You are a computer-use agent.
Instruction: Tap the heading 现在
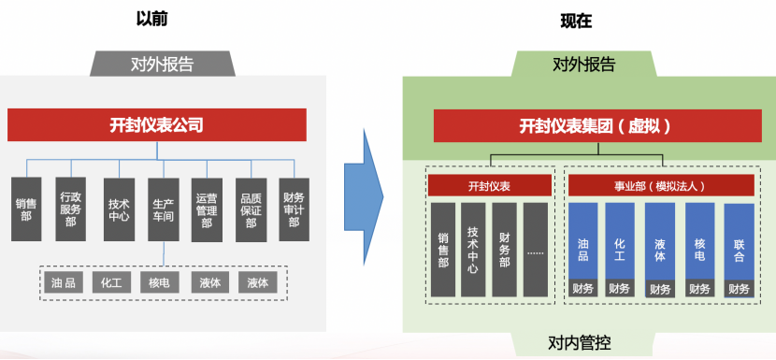coord(578,20)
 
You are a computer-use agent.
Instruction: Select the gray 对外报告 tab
coord(163,65)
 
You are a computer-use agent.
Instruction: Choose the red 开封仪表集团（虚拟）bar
coord(596,125)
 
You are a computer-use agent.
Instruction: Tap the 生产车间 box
coord(164,209)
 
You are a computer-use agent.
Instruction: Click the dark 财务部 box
coord(505,249)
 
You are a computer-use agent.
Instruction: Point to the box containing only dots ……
coord(537,249)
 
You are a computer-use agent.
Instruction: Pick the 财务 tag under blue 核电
coord(699,289)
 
